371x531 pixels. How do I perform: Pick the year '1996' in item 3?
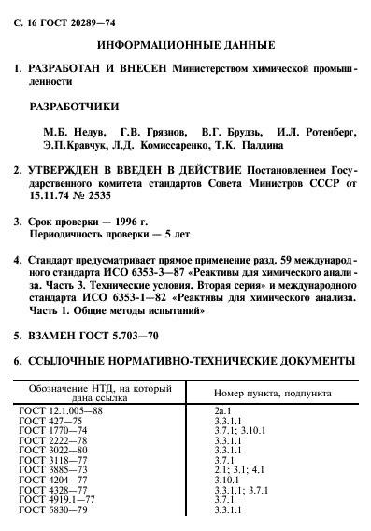click(x=125, y=222)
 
